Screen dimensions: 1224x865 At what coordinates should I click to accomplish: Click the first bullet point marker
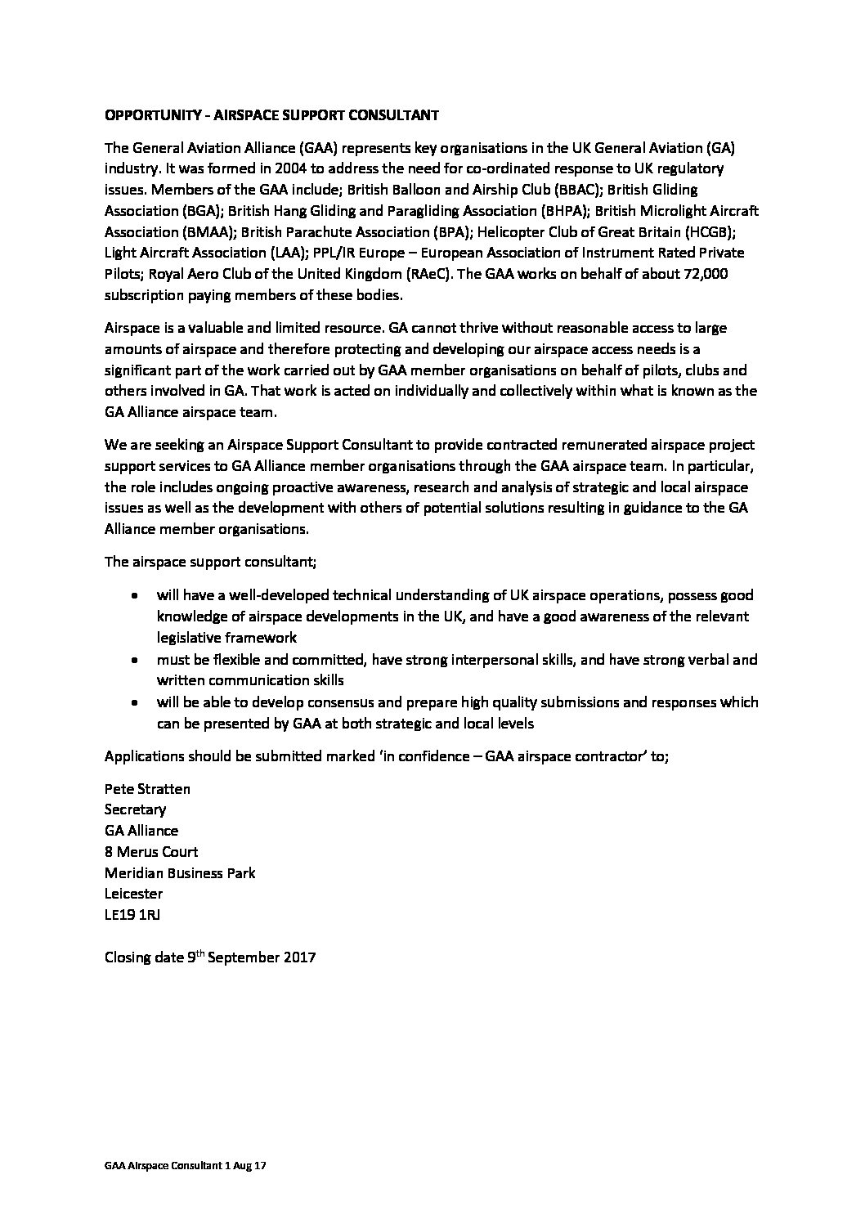[135, 596]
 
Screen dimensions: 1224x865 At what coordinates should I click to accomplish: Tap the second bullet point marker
[135, 660]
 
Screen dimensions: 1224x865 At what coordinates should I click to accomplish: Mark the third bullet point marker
[135, 702]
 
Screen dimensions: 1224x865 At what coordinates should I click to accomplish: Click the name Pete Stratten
[147, 788]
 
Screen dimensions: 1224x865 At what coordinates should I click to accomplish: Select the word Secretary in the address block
[135, 809]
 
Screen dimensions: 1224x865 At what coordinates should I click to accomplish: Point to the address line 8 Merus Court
[151, 852]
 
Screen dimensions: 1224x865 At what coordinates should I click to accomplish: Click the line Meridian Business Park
[180, 873]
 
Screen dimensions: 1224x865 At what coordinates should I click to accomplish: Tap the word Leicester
[133, 894]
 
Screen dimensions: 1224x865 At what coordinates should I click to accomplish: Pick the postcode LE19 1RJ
[132, 915]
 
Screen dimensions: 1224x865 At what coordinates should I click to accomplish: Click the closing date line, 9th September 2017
[210, 957]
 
